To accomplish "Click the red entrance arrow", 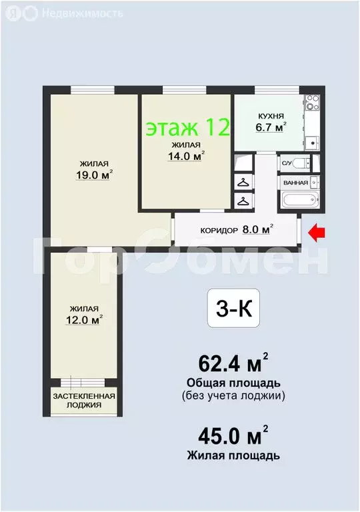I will pos(317,232).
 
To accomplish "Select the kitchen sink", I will pos(311,142).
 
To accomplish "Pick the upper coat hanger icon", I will pos(243,181).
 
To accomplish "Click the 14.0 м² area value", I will pos(185,157).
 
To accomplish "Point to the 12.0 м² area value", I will pos(86,320).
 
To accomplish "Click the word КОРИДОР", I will pos(219,231).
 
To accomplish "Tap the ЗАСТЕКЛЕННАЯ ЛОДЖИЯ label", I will pos(84,400).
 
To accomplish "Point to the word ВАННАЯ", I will pos(295,183).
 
